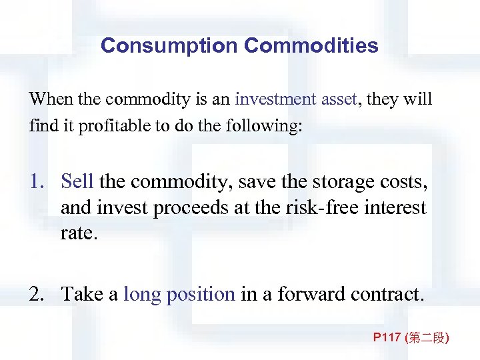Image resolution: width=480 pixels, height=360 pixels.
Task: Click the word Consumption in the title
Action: click(169, 46)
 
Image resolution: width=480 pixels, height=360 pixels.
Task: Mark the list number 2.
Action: click(36, 294)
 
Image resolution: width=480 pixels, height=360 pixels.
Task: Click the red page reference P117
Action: click(387, 339)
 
